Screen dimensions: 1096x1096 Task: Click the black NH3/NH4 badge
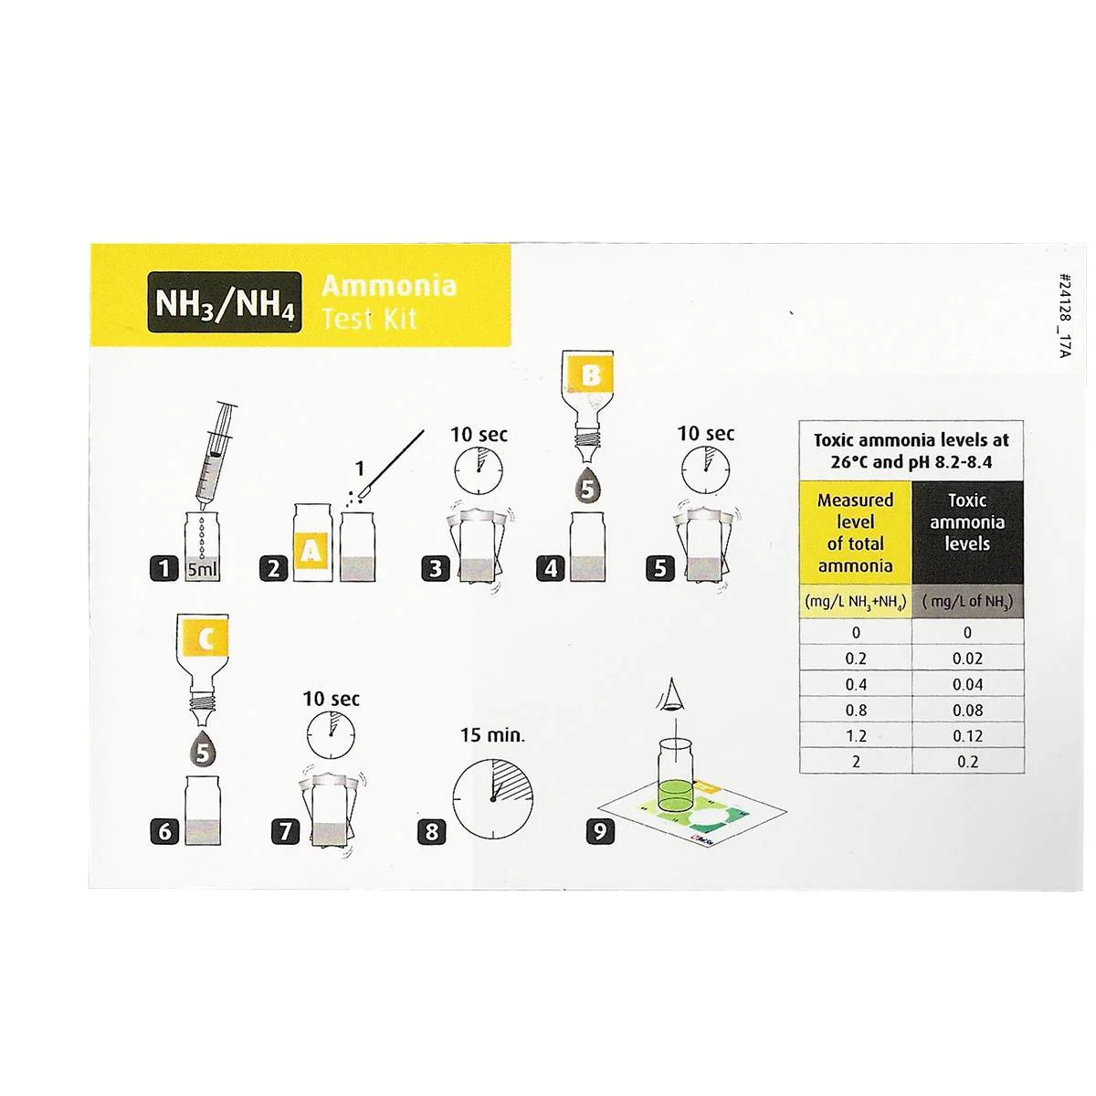pyautogui.click(x=224, y=302)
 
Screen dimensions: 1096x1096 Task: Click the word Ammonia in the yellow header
pyautogui.click(x=389, y=286)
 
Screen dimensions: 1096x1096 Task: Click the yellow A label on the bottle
pyautogui.click(x=311, y=550)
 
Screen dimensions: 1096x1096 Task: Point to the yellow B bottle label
pyautogui.click(x=591, y=375)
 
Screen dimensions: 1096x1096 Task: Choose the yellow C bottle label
pyautogui.click(x=205, y=640)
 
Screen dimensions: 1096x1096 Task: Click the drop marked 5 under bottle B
pyautogui.click(x=587, y=486)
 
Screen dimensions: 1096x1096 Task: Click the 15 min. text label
pyautogui.click(x=492, y=735)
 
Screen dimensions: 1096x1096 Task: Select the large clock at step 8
pyautogui.click(x=492, y=798)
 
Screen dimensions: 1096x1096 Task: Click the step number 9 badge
pyautogui.click(x=601, y=832)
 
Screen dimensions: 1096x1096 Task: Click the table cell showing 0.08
pyautogui.click(x=967, y=711)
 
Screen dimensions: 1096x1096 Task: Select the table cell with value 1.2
pyautogui.click(x=856, y=736)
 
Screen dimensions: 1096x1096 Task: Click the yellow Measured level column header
pyautogui.click(x=856, y=532)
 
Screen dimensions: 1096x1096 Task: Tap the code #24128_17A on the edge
pyautogui.click(x=1065, y=316)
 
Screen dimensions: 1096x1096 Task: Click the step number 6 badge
pyautogui.click(x=164, y=832)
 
